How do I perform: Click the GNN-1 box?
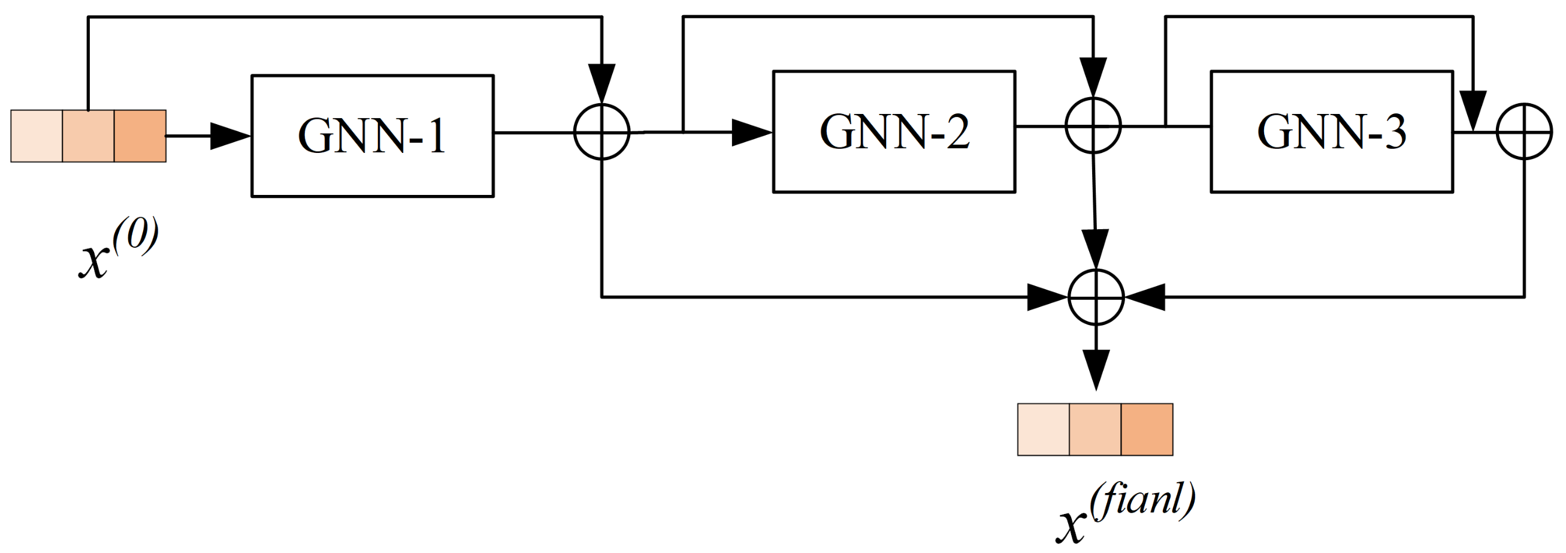point(372,135)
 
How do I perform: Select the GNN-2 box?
point(894,131)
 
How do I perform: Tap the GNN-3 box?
point(1331,131)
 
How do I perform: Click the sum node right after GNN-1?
point(602,132)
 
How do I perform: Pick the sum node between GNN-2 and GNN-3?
point(1093,126)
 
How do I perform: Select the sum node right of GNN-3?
point(1524,131)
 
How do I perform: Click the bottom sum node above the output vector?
point(1096,297)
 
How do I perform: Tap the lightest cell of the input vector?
point(37,136)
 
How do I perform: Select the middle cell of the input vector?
point(88,136)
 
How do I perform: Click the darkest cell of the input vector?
point(140,136)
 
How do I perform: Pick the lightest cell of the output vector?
point(1043,429)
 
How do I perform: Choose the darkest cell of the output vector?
point(1147,429)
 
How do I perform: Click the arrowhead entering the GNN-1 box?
point(230,136)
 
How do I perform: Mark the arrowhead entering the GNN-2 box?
point(751,132)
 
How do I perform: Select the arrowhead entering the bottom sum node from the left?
point(1046,297)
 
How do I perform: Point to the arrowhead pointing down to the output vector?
point(1096,369)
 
